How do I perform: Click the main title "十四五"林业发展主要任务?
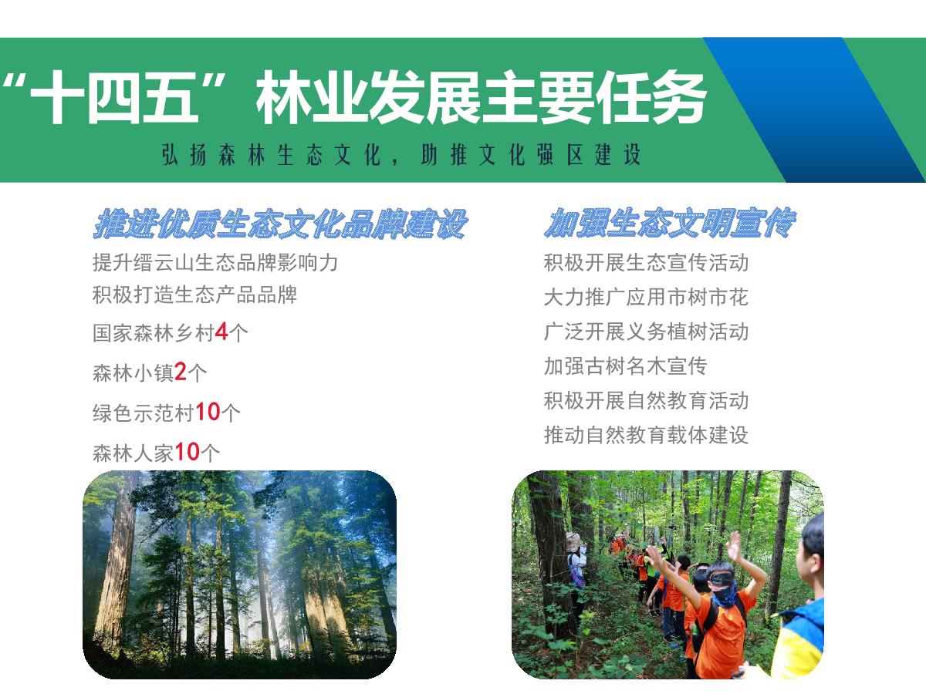354,98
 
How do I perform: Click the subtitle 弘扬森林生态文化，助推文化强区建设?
401,155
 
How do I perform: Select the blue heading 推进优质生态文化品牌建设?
280,224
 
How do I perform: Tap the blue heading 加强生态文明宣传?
670,223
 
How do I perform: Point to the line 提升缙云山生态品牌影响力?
215,262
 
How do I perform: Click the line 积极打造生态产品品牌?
195,295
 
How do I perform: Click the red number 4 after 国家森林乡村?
221,332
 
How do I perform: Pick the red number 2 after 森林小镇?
180,372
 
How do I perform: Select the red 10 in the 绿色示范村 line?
208,412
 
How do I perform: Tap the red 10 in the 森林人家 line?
187,452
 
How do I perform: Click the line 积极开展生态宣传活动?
647,262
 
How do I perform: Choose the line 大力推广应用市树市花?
647,297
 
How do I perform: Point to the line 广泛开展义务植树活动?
647,332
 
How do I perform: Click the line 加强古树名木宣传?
626,366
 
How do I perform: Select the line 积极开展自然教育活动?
647,401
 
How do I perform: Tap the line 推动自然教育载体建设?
647,435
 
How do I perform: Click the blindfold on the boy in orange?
722,579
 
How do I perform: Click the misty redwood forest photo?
239,574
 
